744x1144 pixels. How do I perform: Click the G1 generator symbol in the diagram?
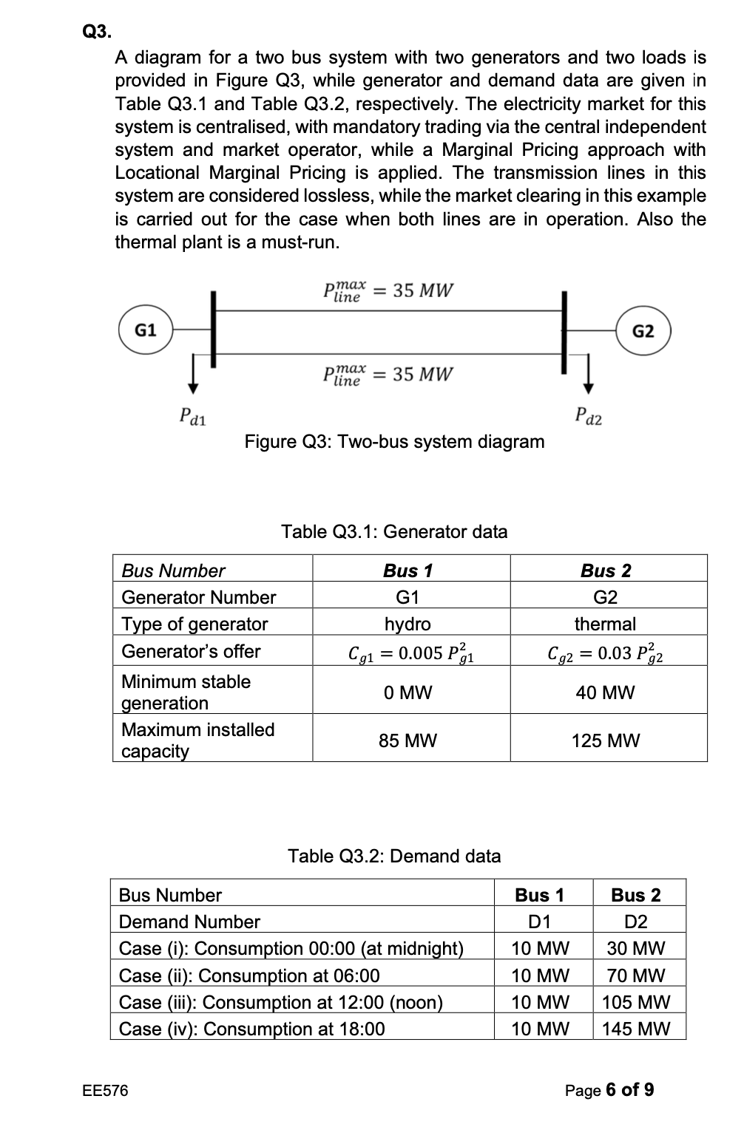(x=145, y=330)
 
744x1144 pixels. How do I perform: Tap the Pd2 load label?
(x=589, y=417)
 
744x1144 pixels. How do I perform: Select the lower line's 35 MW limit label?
(x=388, y=375)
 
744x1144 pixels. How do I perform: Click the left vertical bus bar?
(x=214, y=329)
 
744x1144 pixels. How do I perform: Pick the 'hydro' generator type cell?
(x=407, y=624)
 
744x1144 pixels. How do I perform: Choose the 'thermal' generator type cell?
(x=605, y=624)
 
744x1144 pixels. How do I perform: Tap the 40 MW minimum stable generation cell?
(x=605, y=692)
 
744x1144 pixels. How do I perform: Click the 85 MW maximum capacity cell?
(x=407, y=740)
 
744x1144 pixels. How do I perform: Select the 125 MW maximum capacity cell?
(x=605, y=740)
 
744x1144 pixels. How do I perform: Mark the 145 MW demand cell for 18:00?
(x=636, y=1029)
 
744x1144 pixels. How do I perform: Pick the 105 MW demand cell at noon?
(x=636, y=1002)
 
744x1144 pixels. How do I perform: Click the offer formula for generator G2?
(x=605, y=653)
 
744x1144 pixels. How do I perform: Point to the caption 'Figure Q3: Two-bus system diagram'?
(x=394, y=442)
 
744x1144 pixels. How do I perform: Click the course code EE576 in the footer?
(x=105, y=1090)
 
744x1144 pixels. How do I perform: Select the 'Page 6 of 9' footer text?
(x=609, y=1090)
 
